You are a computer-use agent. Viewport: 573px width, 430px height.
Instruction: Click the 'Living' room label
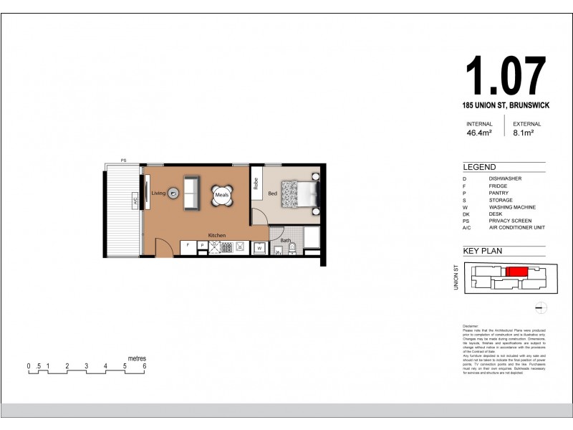(x=158, y=193)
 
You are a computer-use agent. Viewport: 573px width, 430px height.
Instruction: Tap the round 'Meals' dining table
(x=221, y=194)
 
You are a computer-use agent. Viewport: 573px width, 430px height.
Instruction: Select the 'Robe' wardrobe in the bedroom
(x=256, y=188)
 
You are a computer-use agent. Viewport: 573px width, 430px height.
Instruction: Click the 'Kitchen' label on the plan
(x=217, y=235)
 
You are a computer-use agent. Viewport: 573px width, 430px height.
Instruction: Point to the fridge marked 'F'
(x=188, y=246)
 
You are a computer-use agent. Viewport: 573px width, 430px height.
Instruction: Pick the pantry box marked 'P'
(x=202, y=246)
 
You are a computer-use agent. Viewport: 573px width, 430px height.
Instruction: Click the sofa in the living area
(x=192, y=193)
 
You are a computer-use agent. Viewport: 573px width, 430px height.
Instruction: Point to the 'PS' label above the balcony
(x=123, y=161)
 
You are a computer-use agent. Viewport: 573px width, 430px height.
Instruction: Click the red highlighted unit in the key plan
(x=516, y=272)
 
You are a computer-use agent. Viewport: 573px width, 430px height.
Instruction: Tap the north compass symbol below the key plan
(x=541, y=308)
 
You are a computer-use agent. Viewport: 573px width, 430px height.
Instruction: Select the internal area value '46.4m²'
(x=479, y=133)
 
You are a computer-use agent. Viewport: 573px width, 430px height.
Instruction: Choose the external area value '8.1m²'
(x=525, y=133)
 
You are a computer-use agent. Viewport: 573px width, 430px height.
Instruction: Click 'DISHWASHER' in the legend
(x=505, y=178)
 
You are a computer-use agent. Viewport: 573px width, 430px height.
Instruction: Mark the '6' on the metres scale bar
(x=145, y=366)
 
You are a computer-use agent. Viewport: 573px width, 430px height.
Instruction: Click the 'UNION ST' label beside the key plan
(x=455, y=277)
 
